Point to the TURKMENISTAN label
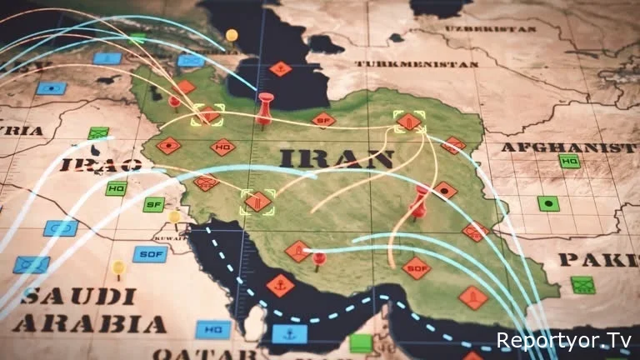pos(417,63)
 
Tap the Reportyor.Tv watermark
pos(563,340)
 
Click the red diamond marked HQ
pos(222,147)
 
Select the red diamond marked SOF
pos(416,267)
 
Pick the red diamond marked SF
pos(324,120)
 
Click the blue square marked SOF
pos(150,254)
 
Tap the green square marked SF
pos(153,203)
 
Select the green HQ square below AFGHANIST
pos(570,161)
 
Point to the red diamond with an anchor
pos(280,286)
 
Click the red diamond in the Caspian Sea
pos(281,69)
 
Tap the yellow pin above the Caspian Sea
pos(232,36)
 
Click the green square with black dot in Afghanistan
pos(547,202)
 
